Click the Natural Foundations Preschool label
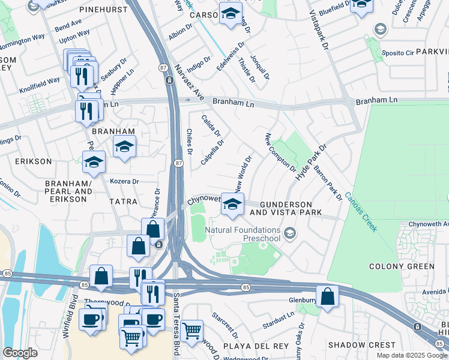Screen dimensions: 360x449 [x=243, y=234]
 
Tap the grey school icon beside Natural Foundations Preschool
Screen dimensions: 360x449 [x=291, y=233]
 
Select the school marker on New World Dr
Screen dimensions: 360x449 [x=233, y=205]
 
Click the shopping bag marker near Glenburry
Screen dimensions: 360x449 [x=327, y=297]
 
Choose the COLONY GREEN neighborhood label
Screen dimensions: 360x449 [x=402, y=266]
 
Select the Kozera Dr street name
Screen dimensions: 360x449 [x=124, y=181]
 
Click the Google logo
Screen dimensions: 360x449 [x=20, y=353]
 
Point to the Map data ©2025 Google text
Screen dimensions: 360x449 [x=411, y=355]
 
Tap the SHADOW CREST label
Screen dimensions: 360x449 [x=361, y=345]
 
